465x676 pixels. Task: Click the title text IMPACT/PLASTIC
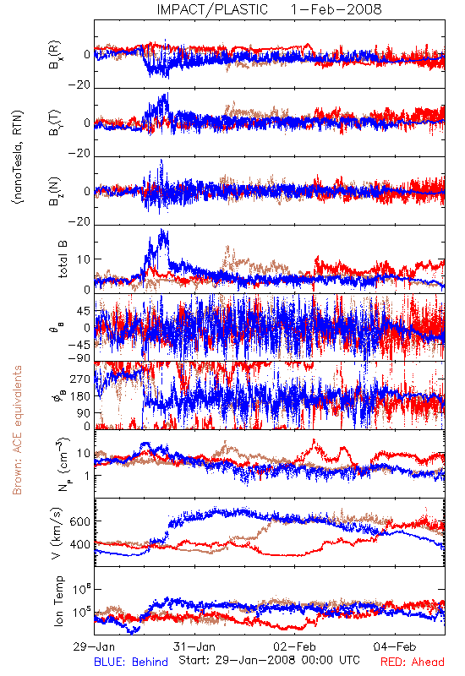[x=212, y=9]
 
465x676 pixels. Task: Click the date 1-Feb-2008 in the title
[x=336, y=9]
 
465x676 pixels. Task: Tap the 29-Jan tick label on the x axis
[x=94, y=646]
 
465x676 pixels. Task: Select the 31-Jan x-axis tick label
[x=194, y=646]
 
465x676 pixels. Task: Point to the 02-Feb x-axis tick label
[x=294, y=646]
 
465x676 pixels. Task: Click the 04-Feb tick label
[x=395, y=646]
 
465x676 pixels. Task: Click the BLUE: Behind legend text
[x=131, y=662]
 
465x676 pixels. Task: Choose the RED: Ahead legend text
[x=413, y=662]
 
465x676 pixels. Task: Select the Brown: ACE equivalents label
[x=17, y=430]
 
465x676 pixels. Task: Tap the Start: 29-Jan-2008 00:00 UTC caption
[x=269, y=660]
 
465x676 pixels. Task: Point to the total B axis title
[x=63, y=259]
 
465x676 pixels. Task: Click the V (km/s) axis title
[x=57, y=533]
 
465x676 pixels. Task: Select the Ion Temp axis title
[x=58, y=601]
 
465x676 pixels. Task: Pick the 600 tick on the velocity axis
[x=79, y=521]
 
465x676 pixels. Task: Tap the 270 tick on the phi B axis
[x=79, y=379]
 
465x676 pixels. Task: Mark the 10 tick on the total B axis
[x=83, y=259]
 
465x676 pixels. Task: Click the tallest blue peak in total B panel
[x=162, y=229]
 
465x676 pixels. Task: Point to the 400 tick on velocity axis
[x=79, y=544]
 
